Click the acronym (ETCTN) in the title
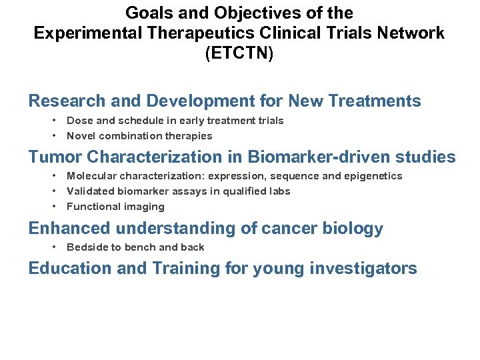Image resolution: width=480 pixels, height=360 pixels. [x=239, y=53]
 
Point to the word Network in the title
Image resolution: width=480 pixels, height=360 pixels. [x=409, y=33]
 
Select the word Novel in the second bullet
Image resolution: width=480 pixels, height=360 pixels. [x=81, y=136]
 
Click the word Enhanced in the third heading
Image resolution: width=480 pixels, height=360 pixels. [x=69, y=229]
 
